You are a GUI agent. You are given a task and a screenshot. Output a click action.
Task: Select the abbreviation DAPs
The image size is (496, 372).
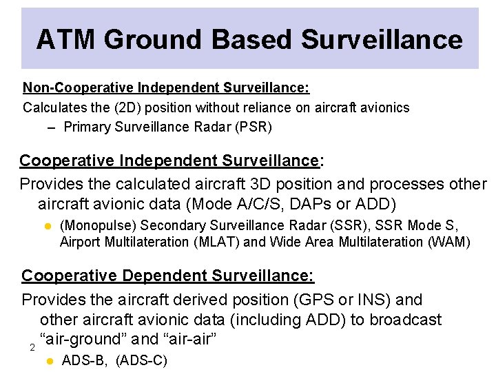(316, 205)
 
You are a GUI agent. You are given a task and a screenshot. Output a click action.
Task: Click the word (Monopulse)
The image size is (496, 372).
(99, 225)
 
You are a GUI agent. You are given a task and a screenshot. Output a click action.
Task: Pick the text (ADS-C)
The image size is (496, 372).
(141, 360)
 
